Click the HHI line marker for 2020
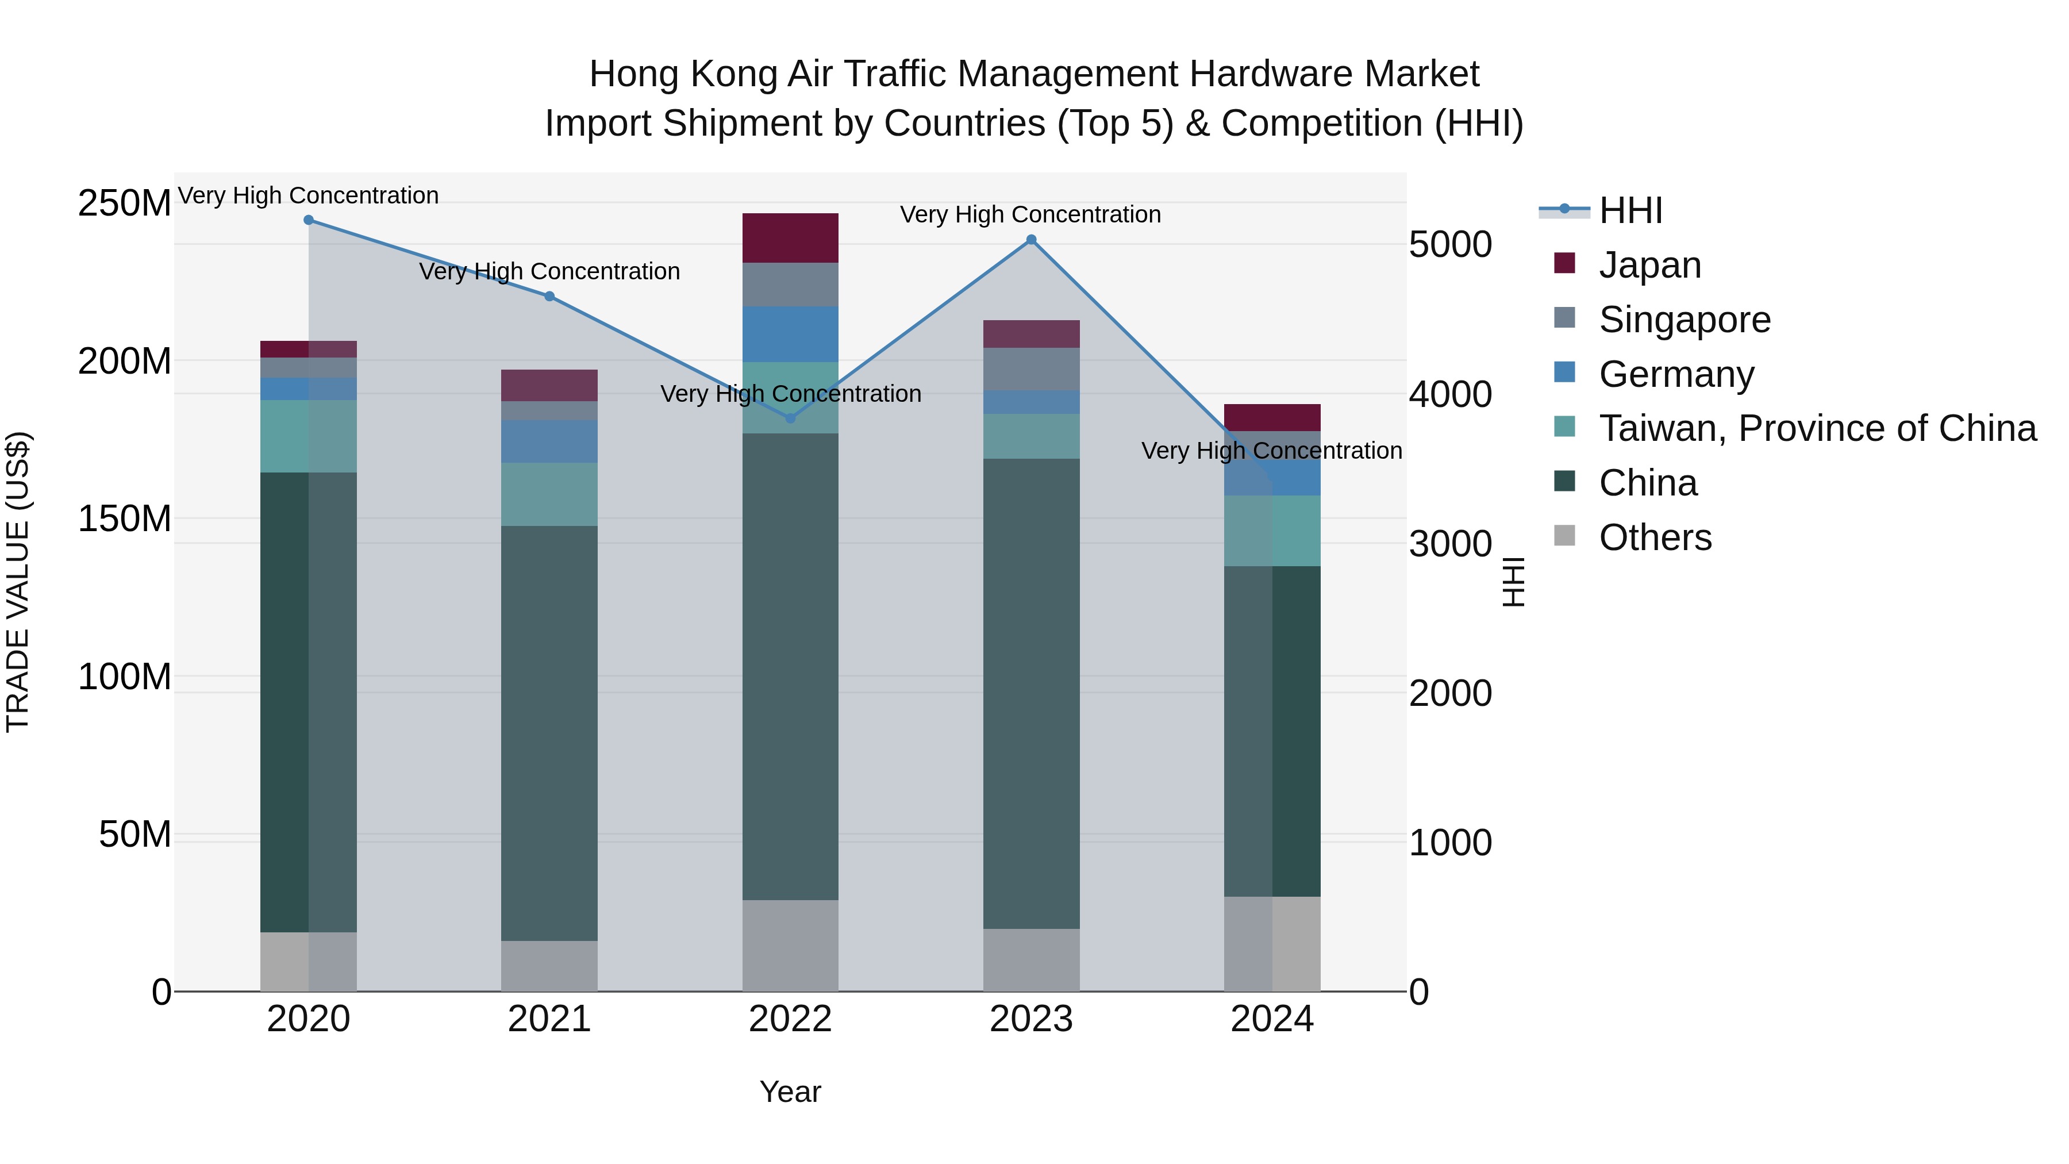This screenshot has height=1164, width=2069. click(x=309, y=220)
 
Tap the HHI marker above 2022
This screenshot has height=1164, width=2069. click(x=790, y=418)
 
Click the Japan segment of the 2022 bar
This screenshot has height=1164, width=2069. click(x=790, y=239)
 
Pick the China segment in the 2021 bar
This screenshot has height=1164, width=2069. click(x=549, y=733)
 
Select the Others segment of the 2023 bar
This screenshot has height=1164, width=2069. click(x=1031, y=960)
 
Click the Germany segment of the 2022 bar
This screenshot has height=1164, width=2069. click(x=790, y=334)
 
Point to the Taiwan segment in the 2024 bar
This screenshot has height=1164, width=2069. click(x=1272, y=531)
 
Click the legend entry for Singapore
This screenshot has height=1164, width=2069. click(x=1685, y=320)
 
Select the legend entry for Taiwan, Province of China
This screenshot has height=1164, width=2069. click(x=1817, y=429)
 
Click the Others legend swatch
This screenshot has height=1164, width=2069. click(x=1564, y=536)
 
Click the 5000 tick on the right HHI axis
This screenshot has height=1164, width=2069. click(x=1451, y=244)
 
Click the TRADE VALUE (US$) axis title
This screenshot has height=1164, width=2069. click(x=18, y=582)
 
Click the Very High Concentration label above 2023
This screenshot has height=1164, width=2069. click(x=1030, y=214)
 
